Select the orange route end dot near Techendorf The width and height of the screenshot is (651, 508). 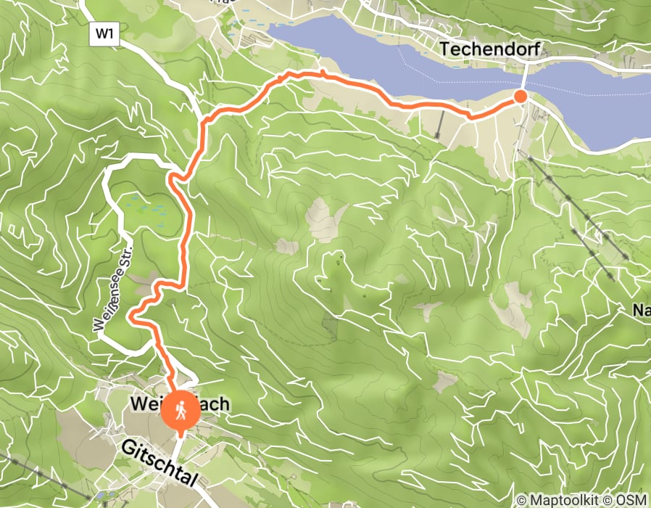click(521, 97)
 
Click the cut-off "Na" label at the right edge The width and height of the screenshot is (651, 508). click(641, 311)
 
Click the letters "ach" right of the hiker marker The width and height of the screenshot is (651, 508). click(215, 403)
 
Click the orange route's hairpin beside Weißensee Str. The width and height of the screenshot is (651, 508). click(132, 316)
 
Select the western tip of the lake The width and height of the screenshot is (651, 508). click(270, 28)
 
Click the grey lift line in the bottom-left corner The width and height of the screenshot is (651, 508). click(22, 464)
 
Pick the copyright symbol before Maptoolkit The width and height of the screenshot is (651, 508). click(521, 500)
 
